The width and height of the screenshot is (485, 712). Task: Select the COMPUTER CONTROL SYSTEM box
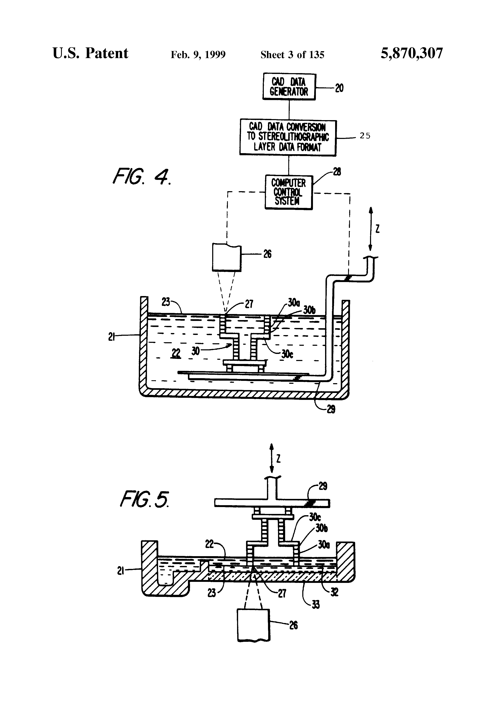(288, 192)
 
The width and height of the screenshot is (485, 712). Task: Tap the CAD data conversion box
(288, 137)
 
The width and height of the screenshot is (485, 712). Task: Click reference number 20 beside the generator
(339, 88)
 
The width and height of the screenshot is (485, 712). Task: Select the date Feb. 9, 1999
(198, 55)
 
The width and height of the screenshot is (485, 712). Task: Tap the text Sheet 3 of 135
(292, 55)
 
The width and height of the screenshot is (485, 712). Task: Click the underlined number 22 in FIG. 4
(176, 353)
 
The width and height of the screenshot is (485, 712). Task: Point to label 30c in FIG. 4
(287, 354)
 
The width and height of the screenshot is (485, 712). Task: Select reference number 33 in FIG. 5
(315, 604)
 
